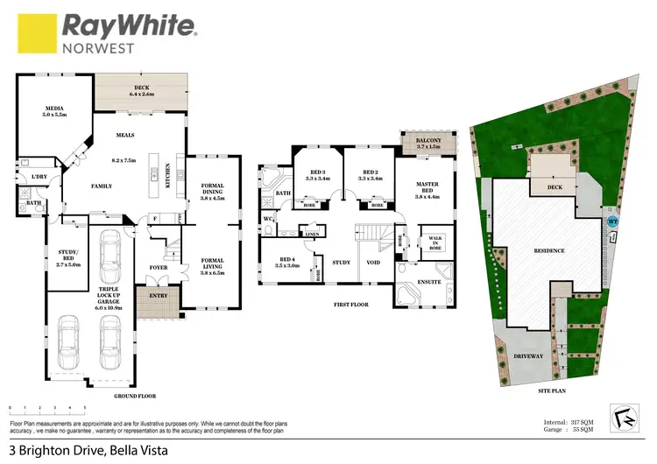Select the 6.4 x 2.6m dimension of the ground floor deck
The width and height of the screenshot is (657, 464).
140,93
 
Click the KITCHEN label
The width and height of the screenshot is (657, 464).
167,179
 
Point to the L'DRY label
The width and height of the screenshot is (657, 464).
39,178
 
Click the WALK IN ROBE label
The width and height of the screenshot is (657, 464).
434,243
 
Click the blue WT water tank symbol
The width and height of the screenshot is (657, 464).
613,221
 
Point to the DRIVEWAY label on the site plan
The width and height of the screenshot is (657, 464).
528,356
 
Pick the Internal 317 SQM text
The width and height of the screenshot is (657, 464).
569,422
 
